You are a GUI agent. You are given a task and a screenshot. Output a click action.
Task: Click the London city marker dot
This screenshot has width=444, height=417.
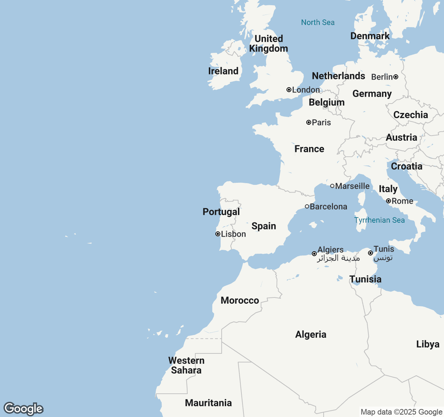(289, 90)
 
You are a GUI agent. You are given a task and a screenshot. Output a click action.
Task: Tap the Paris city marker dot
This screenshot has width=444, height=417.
(308, 122)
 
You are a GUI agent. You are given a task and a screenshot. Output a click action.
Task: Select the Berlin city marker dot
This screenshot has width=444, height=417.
(396, 77)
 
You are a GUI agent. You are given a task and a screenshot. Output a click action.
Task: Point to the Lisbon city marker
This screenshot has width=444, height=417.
(217, 234)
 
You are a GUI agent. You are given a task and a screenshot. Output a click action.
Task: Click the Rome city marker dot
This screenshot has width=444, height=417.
(388, 201)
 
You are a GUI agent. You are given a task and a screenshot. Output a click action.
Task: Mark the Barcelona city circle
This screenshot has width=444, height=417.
(307, 206)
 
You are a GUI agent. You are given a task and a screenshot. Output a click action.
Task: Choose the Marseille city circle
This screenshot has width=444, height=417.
(332, 186)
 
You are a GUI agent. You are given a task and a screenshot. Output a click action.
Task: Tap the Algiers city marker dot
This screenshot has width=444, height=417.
(314, 254)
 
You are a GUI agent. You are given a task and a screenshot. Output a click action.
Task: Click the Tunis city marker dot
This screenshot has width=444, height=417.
(370, 253)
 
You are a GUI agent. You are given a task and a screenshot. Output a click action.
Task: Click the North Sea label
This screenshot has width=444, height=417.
(318, 23)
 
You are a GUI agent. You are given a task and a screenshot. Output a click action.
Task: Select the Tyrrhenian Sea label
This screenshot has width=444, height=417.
(379, 220)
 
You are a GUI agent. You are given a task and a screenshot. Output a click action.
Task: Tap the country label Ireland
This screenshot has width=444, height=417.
(223, 71)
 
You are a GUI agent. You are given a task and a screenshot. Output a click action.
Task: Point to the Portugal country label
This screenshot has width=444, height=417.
(221, 212)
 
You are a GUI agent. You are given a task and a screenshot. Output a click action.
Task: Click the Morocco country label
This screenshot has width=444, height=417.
(240, 301)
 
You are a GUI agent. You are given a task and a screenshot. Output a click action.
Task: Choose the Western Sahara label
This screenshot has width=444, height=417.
(186, 365)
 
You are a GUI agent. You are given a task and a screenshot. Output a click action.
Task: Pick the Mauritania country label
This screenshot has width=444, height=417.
(208, 403)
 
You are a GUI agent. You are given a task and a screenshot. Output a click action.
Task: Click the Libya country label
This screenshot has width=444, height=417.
(428, 344)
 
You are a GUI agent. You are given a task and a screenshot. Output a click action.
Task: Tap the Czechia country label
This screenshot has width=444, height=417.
(411, 115)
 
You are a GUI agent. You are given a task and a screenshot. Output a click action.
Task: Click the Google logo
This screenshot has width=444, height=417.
(23, 409)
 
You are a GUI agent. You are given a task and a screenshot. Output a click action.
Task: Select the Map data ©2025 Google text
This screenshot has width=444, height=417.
(401, 412)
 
